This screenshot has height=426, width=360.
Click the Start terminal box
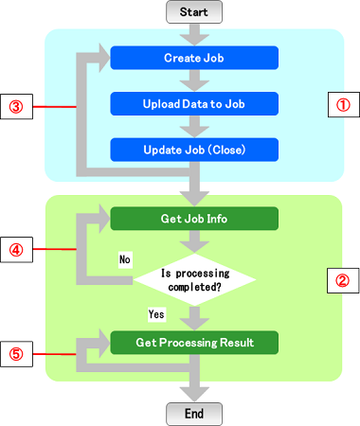[x=193, y=12]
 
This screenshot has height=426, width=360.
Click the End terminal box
[x=193, y=413]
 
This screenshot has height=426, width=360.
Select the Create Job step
[x=193, y=58]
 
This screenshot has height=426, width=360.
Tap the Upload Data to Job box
[x=193, y=102]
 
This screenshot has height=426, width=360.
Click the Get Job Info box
[x=193, y=219]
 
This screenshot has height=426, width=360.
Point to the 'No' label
[x=125, y=257]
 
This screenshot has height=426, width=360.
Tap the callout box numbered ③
[x=17, y=105]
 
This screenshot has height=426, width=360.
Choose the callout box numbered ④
[x=17, y=250]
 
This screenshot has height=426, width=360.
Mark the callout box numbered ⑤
[x=17, y=356]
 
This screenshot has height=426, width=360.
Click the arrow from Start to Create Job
[x=193, y=35]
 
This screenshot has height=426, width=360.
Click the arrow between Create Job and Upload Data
[x=193, y=80]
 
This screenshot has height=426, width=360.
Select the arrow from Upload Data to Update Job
[x=193, y=125]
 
